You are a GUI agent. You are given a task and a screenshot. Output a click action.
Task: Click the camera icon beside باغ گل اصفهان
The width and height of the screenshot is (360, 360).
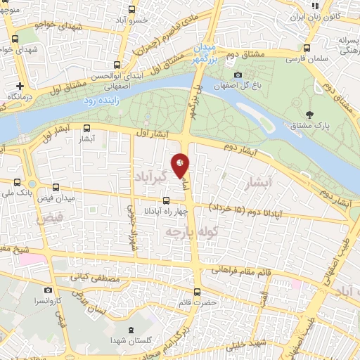(x=238, y=75)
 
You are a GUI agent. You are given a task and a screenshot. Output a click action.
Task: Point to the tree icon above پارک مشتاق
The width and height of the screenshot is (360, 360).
(x=309, y=113)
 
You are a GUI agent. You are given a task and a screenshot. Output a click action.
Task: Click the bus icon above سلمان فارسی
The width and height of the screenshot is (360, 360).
(x=306, y=49)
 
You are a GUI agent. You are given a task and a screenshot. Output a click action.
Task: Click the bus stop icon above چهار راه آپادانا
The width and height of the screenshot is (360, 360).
(x=166, y=200)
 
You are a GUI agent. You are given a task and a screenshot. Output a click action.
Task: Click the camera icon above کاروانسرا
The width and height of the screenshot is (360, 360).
(x=48, y=290)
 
